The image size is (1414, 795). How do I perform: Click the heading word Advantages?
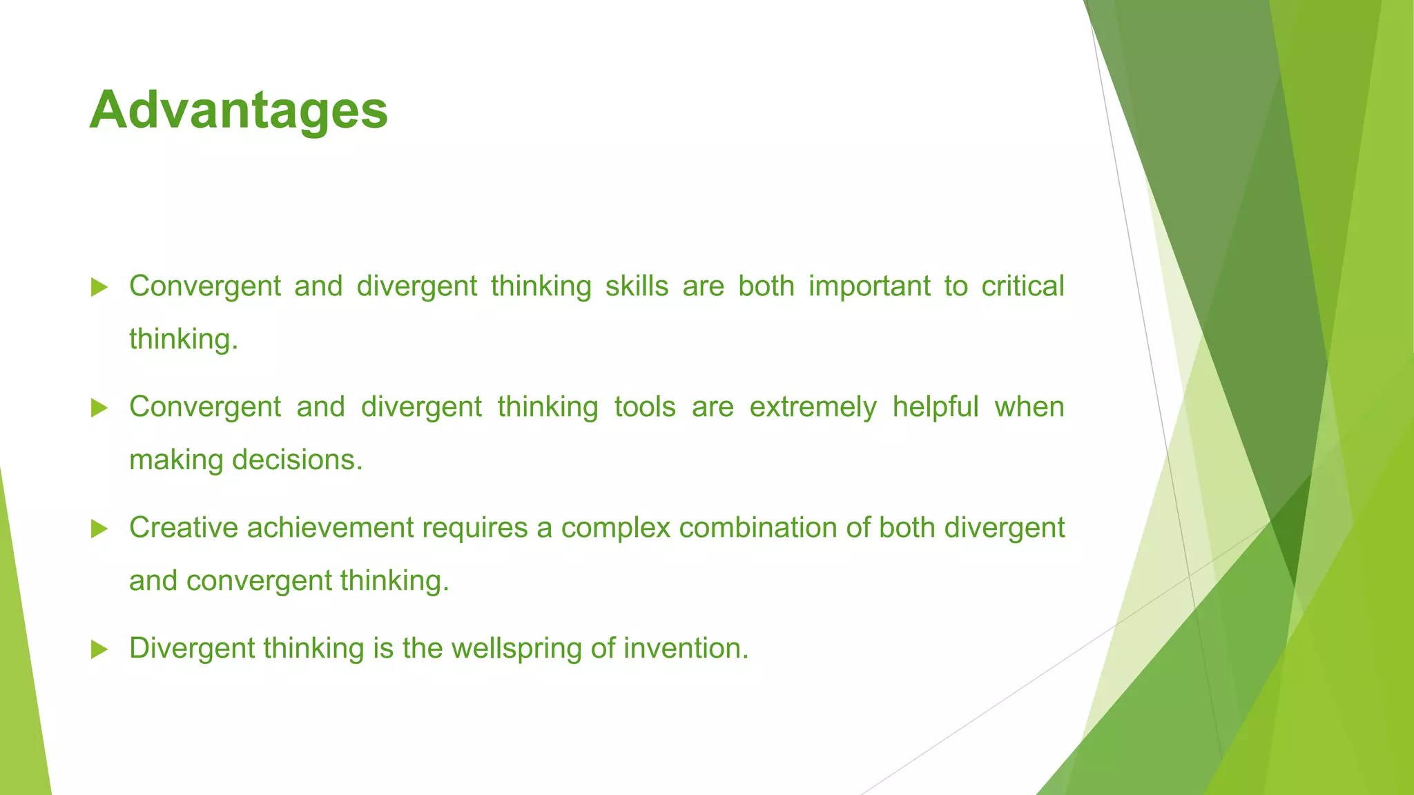click(238, 110)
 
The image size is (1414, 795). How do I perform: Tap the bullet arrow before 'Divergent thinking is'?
click(99, 649)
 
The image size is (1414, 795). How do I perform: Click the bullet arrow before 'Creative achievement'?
click(99, 529)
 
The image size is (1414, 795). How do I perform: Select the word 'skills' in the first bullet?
click(637, 286)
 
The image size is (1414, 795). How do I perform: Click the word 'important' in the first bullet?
click(869, 286)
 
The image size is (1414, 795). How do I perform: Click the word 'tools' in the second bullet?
click(645, 407)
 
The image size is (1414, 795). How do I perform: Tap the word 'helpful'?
click(936, 407)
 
